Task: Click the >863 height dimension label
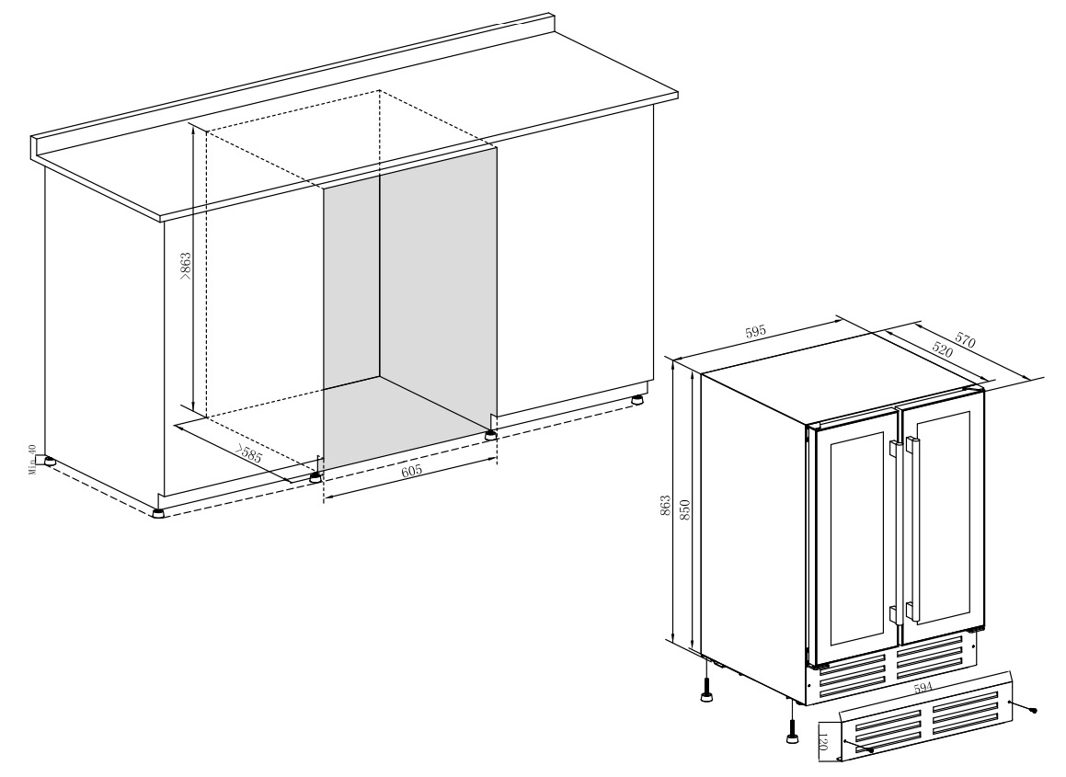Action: coord(186,267)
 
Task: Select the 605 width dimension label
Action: coord(411,471)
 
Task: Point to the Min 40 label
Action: coord(32,460)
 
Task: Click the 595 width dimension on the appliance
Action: coord(755,333)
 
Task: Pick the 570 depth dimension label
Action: coord(966,339)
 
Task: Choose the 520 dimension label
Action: coord(942,350)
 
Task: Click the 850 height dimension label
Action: coord(684,510)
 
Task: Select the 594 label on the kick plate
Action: coord(923,687)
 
